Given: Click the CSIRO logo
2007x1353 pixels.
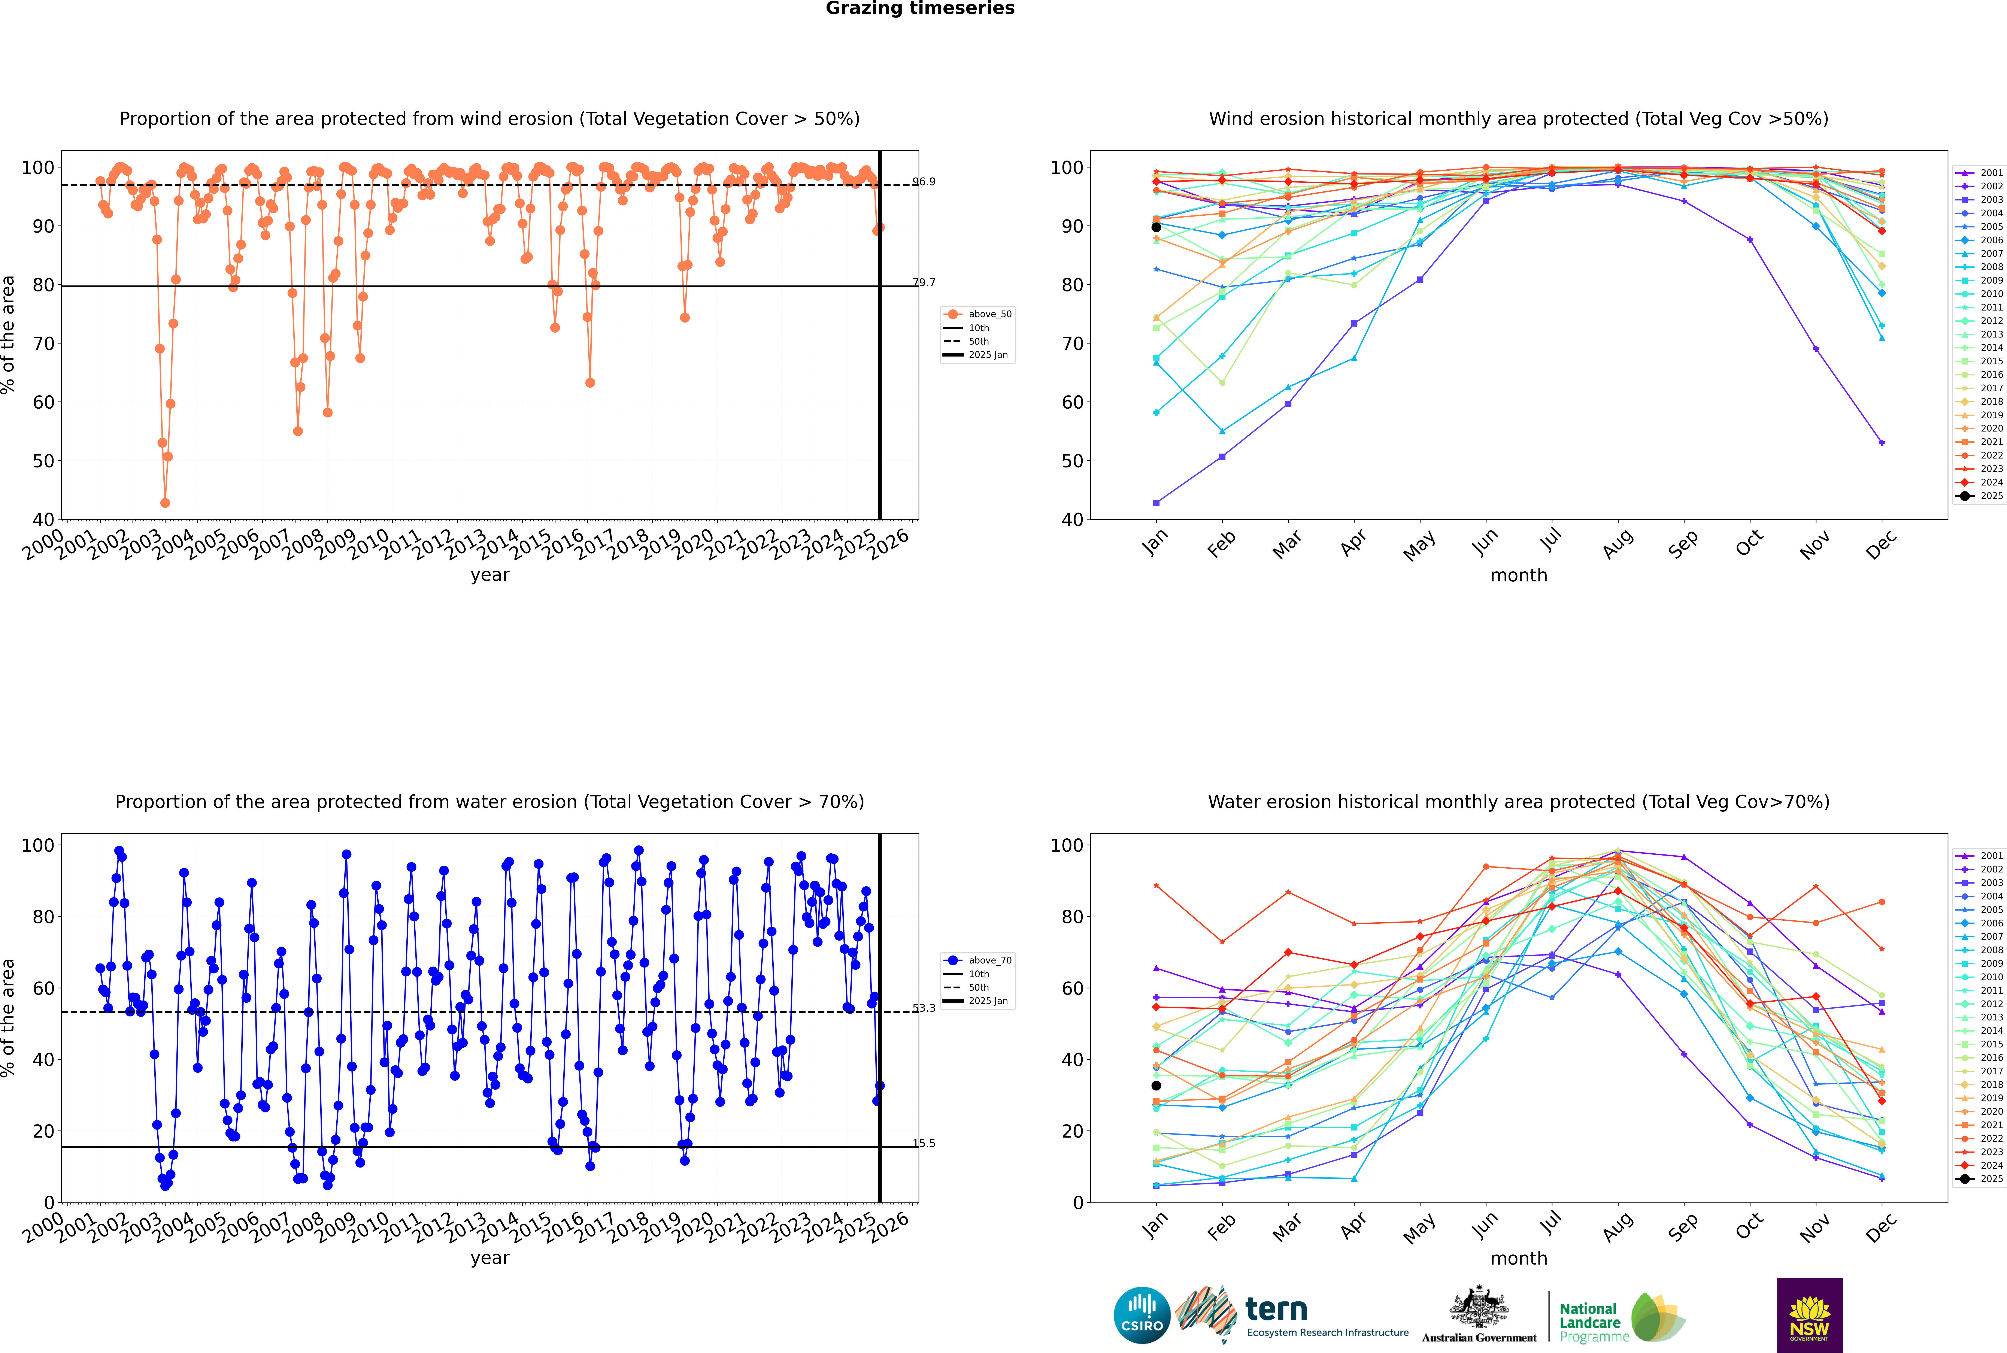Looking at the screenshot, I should (1142, 1315).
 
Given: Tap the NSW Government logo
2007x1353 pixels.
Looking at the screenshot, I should (1809, 1314).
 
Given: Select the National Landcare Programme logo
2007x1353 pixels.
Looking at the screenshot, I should (1621, 1318).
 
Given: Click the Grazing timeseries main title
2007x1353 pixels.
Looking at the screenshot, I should (920, 9).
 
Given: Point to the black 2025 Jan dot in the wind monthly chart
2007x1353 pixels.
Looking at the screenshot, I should (1156, 227).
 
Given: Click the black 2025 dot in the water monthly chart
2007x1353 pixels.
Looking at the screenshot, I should (1156, 1086).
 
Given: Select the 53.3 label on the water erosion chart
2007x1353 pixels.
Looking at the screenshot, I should (924, 1008).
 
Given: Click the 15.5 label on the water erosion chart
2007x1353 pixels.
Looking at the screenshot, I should (924, 1143).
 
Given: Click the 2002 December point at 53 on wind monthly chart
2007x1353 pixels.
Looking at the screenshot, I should (1882, 443).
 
